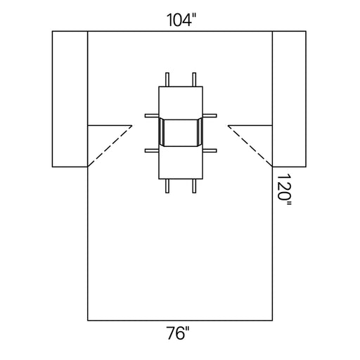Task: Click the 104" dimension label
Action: tap(179, 20)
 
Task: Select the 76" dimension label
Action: tap(179, 335)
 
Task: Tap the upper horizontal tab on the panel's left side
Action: tap(151, 114)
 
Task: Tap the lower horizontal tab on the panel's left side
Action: tap(151, 150)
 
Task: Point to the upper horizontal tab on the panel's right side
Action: tap(210, 114)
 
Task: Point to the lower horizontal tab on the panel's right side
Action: tap(210, 150)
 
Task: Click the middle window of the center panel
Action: tap(181, 132)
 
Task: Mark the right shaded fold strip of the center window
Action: tap(200, 132)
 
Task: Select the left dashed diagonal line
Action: tap(110, 146)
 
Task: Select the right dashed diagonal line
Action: tap(250, 146)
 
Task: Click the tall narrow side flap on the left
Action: tap(70, 98)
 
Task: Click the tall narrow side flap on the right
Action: tap(290, 98)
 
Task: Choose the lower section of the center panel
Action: tap(181, 162)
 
